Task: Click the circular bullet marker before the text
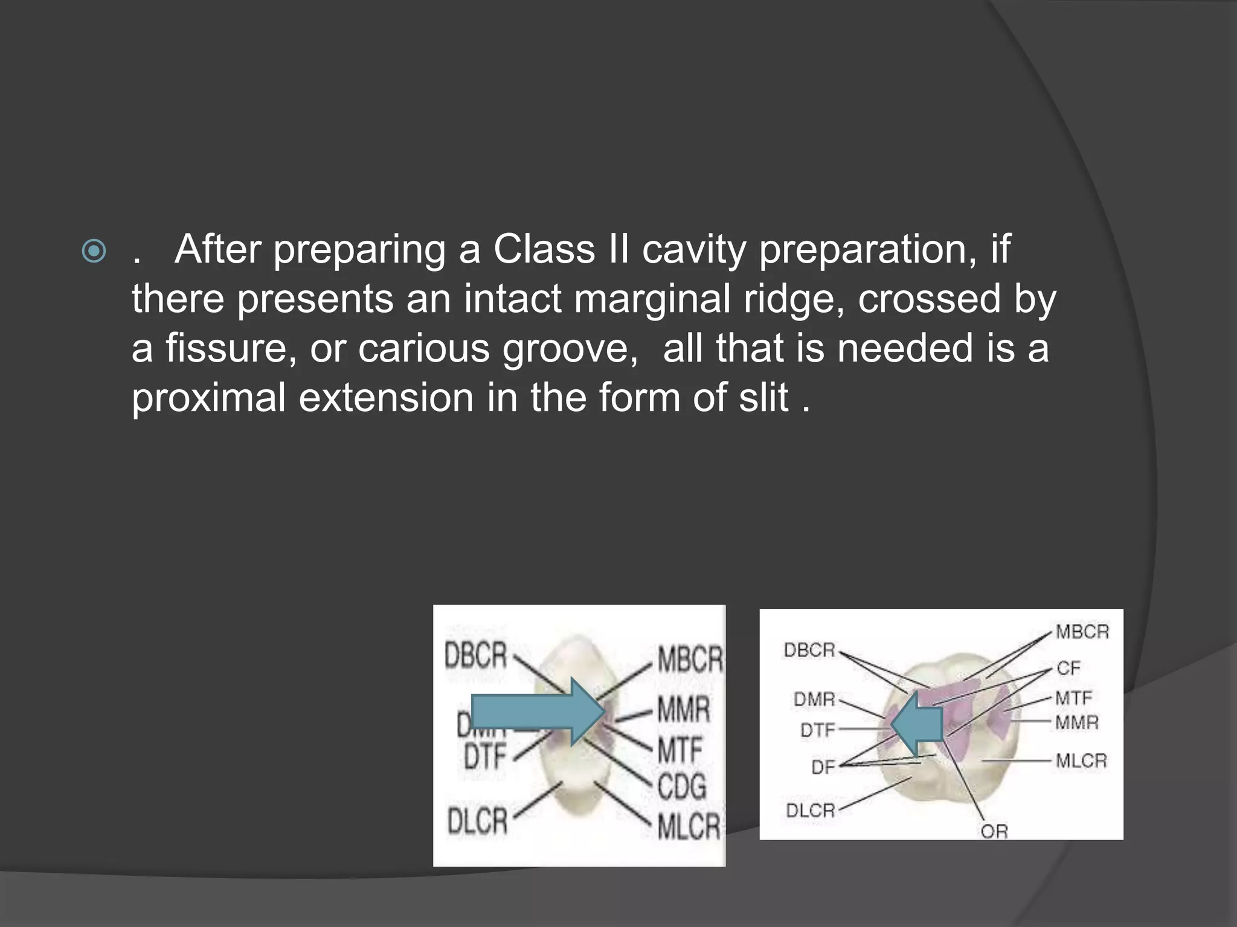pos(94,251)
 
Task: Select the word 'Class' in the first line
pos(544,249)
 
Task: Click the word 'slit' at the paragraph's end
pos(763,398)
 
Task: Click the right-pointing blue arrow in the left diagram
pos(537,712)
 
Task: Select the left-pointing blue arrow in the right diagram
pos(917,724)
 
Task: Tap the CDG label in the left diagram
pos(682,786)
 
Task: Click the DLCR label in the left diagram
pos(477,821)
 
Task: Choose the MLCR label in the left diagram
pos(689,826)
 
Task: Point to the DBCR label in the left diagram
pos(475,655)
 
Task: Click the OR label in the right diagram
pos(994,831)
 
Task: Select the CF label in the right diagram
pos(1068,668)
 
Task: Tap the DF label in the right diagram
pos(823,767)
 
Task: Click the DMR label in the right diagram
pos(814,699)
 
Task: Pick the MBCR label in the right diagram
pos(1082,632)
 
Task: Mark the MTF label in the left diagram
pos(680,750)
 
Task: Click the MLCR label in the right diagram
pos(1081,760)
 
